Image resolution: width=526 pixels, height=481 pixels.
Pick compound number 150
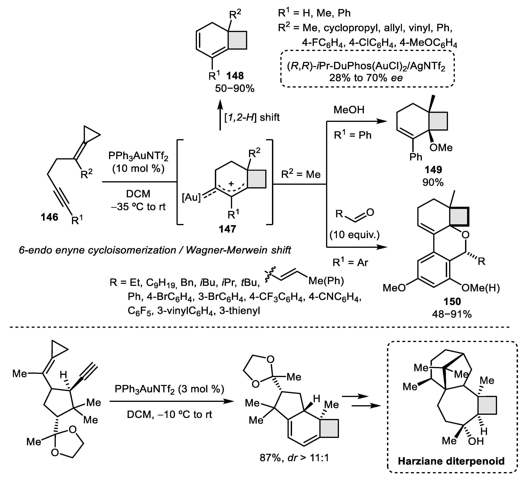452,301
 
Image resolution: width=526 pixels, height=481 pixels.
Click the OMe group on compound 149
441,148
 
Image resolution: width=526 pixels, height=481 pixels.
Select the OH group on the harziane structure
475,441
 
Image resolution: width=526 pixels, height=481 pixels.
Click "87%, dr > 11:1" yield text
294,458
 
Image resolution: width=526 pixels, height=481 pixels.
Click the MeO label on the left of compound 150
394,288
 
